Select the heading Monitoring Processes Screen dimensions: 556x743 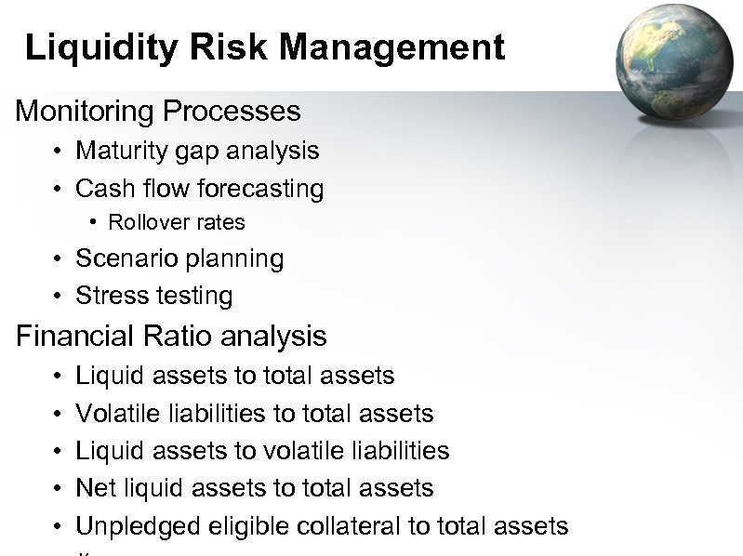158,112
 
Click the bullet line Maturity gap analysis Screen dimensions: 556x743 197,151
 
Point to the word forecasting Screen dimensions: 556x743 259,189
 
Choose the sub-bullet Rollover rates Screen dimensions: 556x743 177,222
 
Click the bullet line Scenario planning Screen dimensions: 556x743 179,258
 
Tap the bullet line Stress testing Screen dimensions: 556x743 153,296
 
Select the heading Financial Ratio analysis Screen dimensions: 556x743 171,336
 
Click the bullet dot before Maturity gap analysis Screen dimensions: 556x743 58,152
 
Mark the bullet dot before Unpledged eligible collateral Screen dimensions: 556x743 58,527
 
